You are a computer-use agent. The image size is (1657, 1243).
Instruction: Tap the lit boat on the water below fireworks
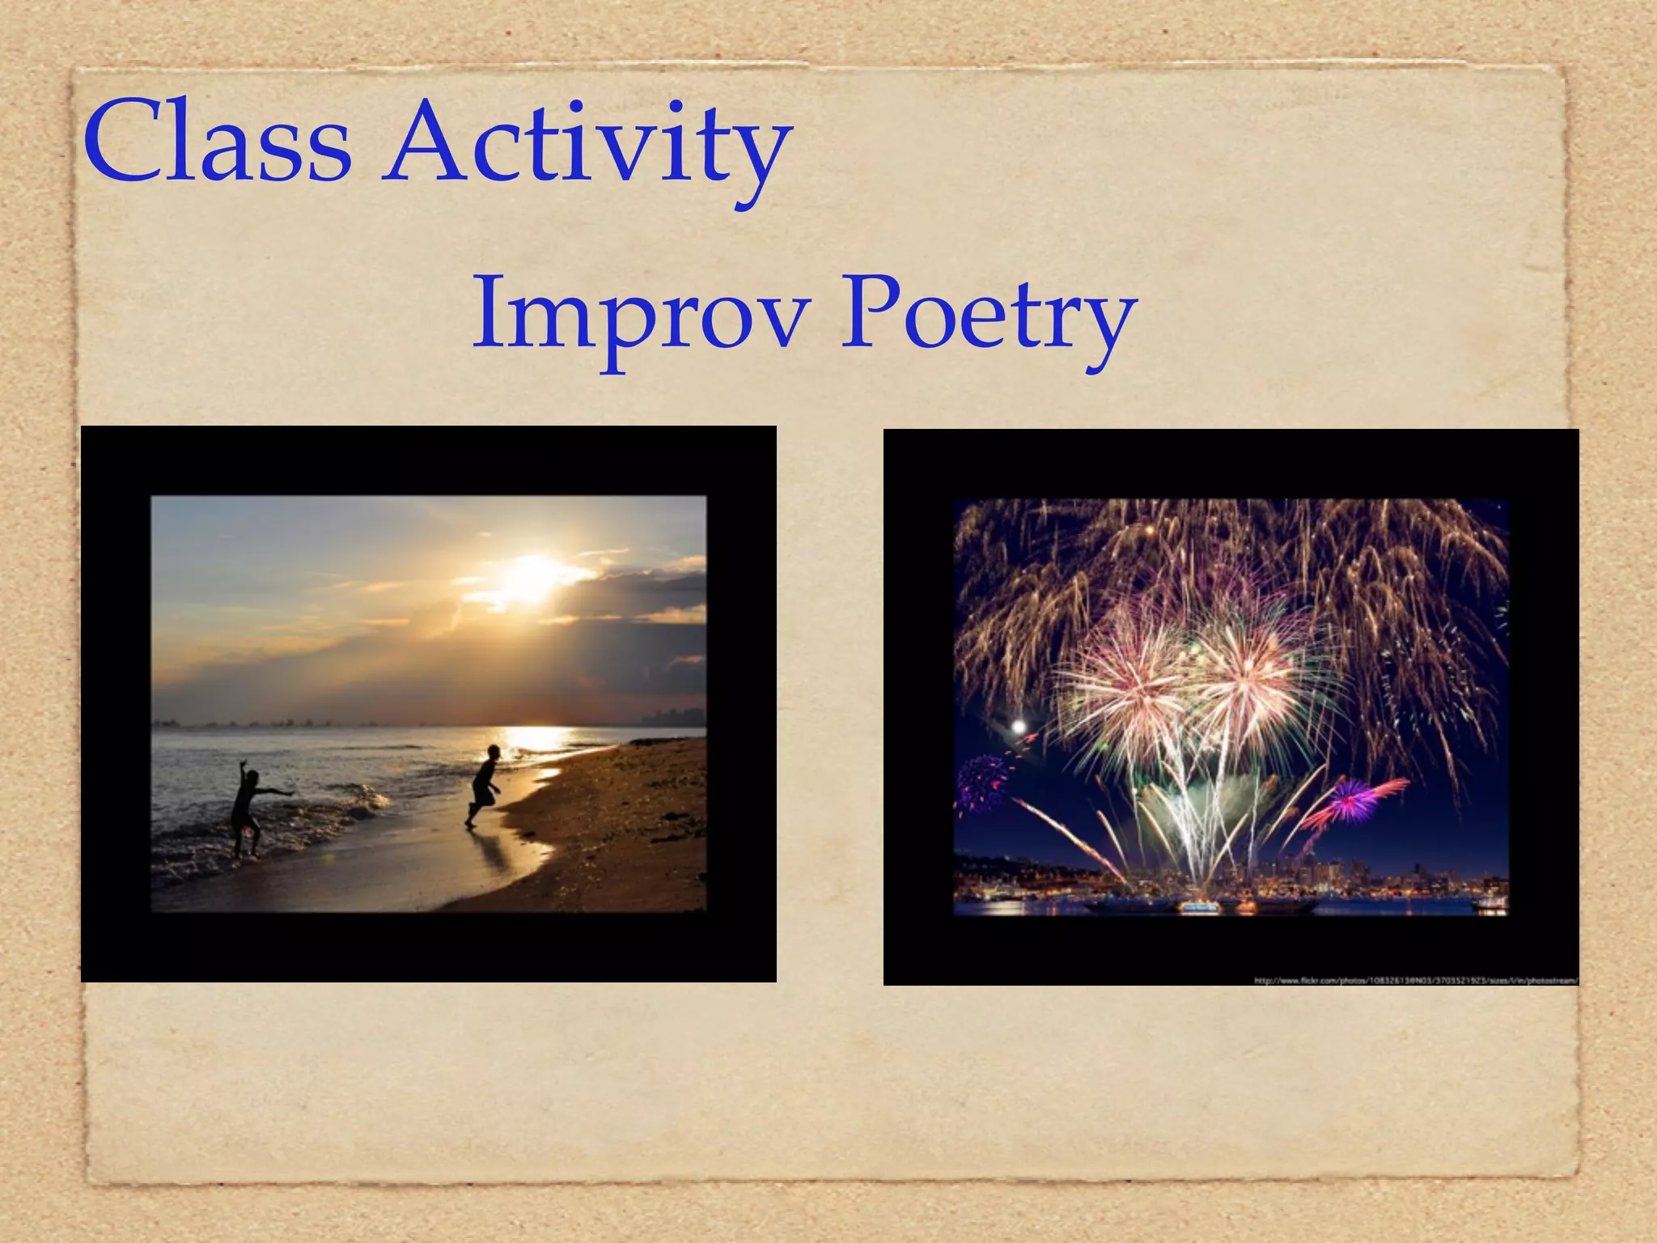pyautogui.click(x=1199, y=907)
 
